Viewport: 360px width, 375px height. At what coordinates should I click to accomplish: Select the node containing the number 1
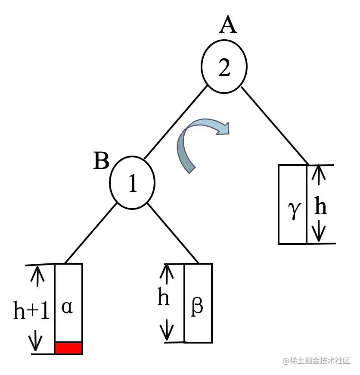click(132, 183)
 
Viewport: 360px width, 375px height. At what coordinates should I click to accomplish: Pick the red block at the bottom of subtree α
click(68, 348)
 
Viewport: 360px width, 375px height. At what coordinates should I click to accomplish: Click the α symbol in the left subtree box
click(67, 307)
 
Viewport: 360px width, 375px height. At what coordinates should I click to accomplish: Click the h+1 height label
click(31, 311)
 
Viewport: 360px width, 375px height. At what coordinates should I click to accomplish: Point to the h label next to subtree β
click(163, 298)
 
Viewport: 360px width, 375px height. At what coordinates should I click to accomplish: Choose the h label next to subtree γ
click(320, 207)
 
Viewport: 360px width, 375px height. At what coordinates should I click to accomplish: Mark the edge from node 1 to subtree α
click(90, 233)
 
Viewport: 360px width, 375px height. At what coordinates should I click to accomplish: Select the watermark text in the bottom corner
click(317, 361)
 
